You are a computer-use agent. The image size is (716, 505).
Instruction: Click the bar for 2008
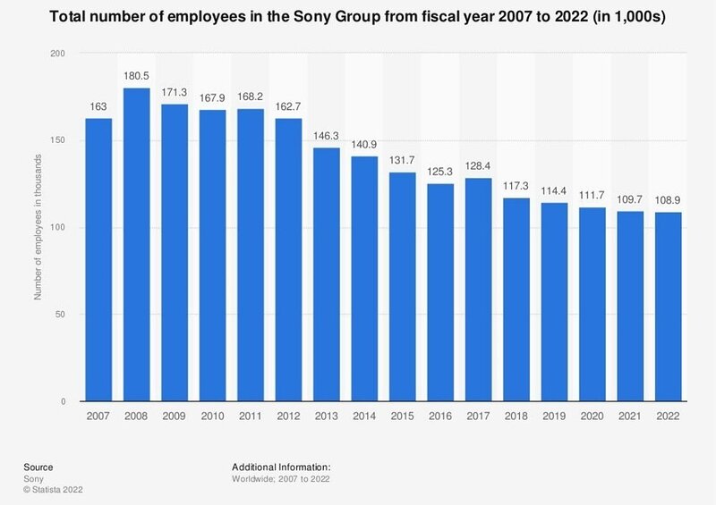[x=137, y=245]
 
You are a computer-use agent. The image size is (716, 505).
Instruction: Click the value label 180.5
[x=137, y=76]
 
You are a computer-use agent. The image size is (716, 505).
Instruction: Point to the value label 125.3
[x=440, y=172]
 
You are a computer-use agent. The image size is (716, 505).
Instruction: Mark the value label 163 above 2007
[x=98, y=106]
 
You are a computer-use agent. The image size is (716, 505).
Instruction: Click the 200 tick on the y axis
[x=59, y=55]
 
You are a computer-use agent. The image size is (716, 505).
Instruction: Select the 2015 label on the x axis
[x=403, y=417]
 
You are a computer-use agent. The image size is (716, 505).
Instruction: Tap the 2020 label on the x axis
[x=592, y=417]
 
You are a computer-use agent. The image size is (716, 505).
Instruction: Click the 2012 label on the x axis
[x=289, y=417]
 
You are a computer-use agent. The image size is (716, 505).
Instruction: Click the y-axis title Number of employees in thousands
[x=38, y=228]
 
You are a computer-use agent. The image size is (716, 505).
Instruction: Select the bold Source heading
[x=38, y=467]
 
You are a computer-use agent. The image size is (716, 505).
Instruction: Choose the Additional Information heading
[x=281, y=467]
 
